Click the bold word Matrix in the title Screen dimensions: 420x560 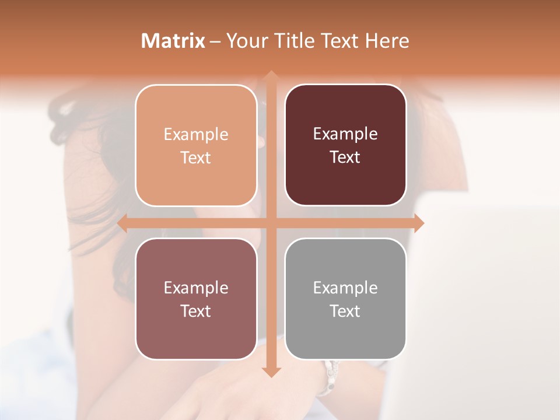[173, 41]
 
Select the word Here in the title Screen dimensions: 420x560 [387, 41]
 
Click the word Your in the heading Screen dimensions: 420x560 [244, 41]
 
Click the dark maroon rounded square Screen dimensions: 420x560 [345, 145]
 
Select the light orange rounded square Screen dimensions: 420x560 [196, 145]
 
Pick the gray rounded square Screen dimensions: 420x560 [345, 299]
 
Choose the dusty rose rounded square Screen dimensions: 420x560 [196, 299]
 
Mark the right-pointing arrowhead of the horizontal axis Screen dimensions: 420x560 [418, 223]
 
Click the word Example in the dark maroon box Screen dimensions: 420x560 [345, 134]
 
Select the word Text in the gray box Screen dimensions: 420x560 [345, 311]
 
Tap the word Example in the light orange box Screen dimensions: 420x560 [196, 134]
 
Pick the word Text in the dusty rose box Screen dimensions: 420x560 [196, 311]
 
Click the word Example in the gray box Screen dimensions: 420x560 [345, 288]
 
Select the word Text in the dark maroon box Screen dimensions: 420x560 [345, 157]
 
